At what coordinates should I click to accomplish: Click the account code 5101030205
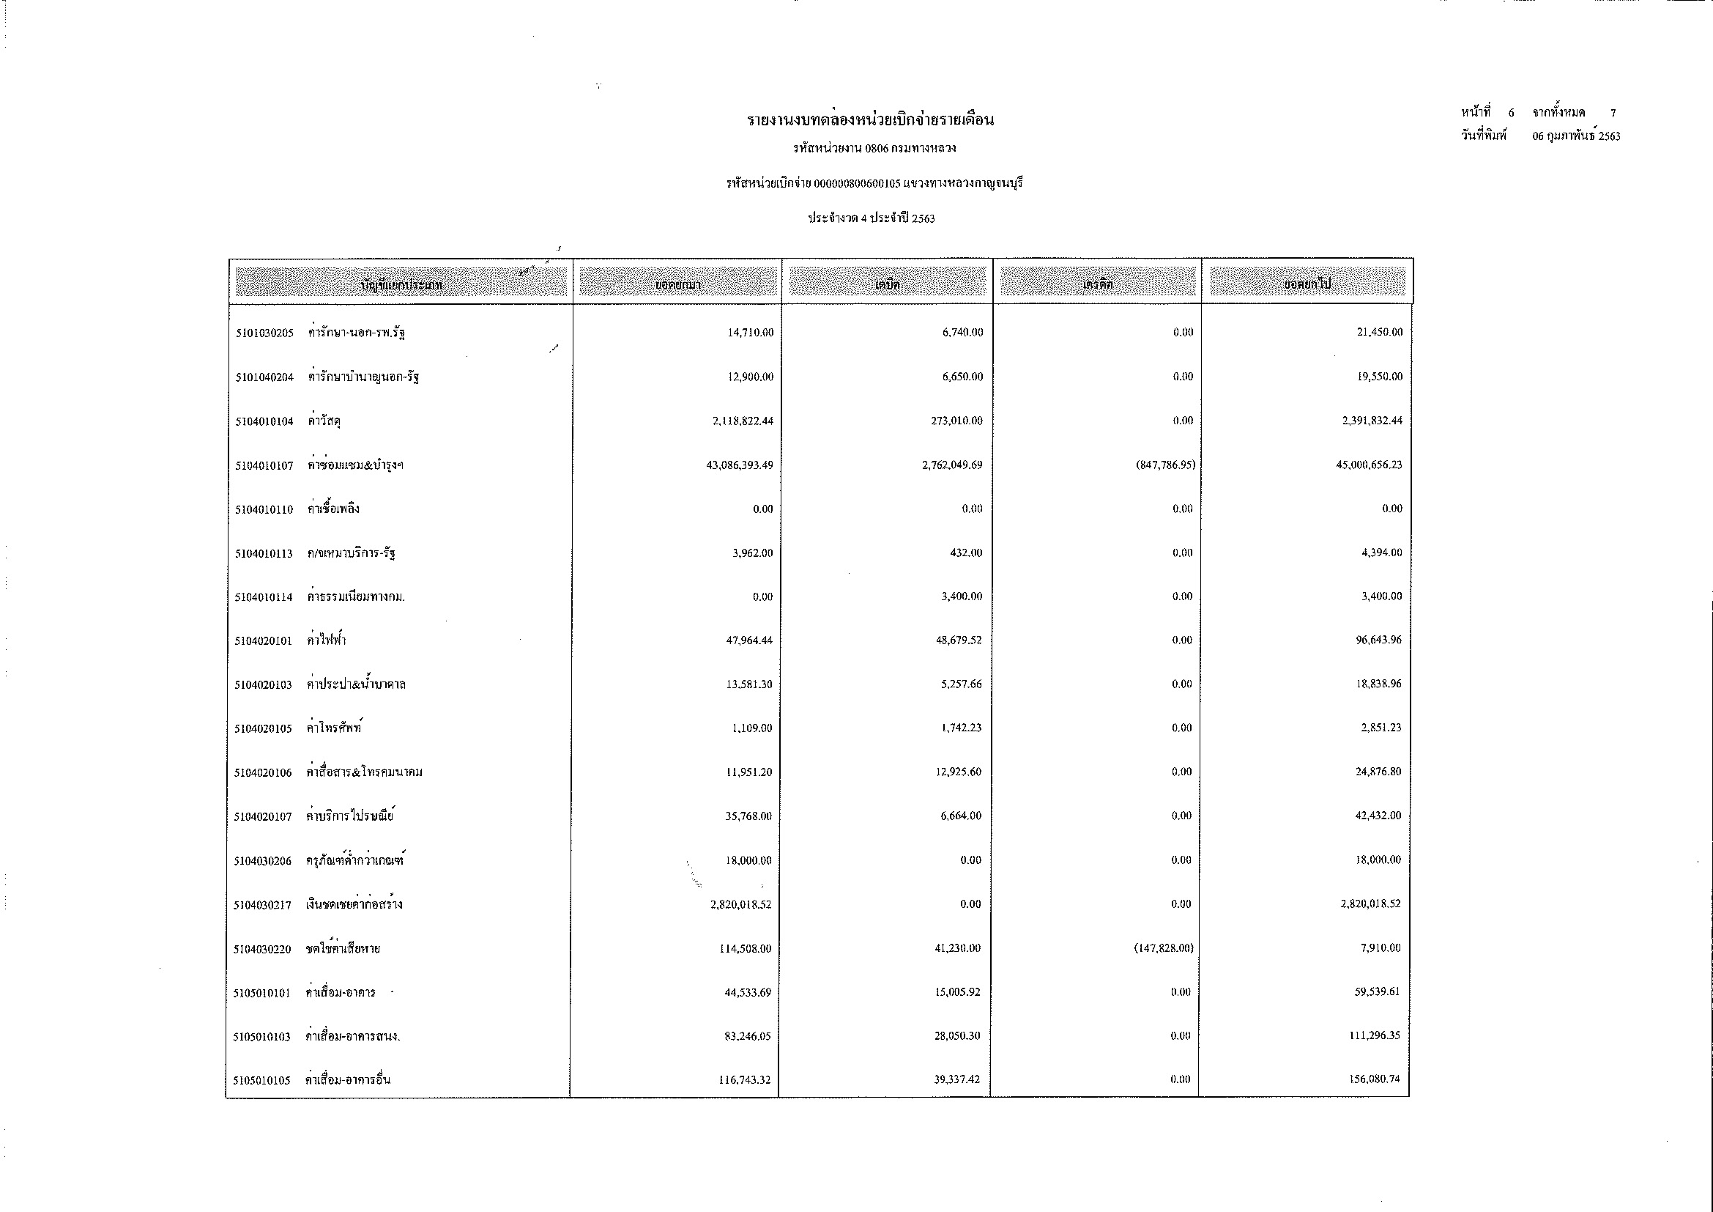pyautogui.click(x=265, y=333)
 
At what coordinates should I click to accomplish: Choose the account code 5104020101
pyautogui.click(x=264, y=641)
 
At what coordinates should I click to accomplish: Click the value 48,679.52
pyautogui.click(x=959, y=640)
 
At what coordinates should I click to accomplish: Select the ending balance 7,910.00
pyautogui.click(x=1383, y=947)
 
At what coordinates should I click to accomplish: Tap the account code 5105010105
pyautogui.click(x=262, y=1080)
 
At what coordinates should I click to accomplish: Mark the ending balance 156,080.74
pyautogui.click(x=1374, y=1079)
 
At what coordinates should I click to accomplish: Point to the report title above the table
pyautogui.click(x=872, y=120)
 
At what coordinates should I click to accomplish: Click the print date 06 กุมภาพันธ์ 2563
pyautogui.click(x=1577, y=136)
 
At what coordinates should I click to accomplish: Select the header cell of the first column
pyautogui.click(x=401, y=284)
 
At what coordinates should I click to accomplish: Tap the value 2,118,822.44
pyautogui.click(x=743, y=421)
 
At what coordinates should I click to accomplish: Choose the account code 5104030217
pyautogui.click(x=263, y=905)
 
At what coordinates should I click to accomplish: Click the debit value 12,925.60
pyautogui.click(x=958, y=772)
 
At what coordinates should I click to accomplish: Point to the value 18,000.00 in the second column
pyautogui.click(x=748, y=860)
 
